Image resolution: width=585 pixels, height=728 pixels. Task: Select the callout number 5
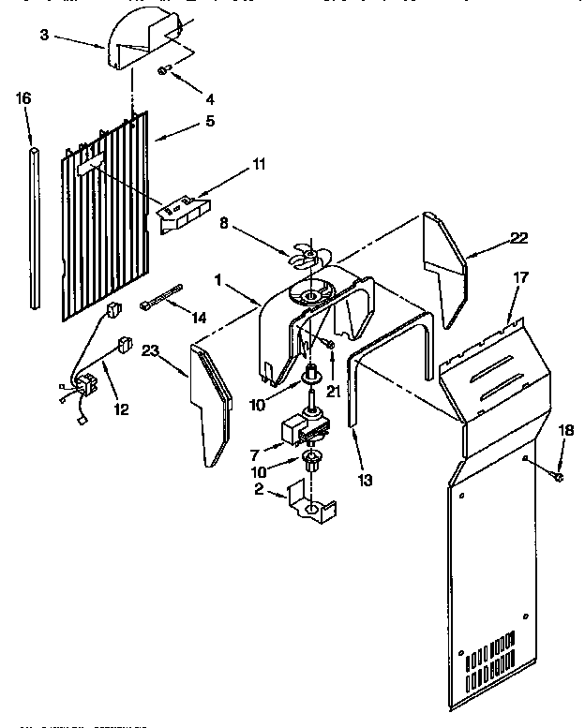209,120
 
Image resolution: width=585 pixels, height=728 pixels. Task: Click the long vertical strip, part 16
35,225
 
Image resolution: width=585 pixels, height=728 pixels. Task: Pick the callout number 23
149,351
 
